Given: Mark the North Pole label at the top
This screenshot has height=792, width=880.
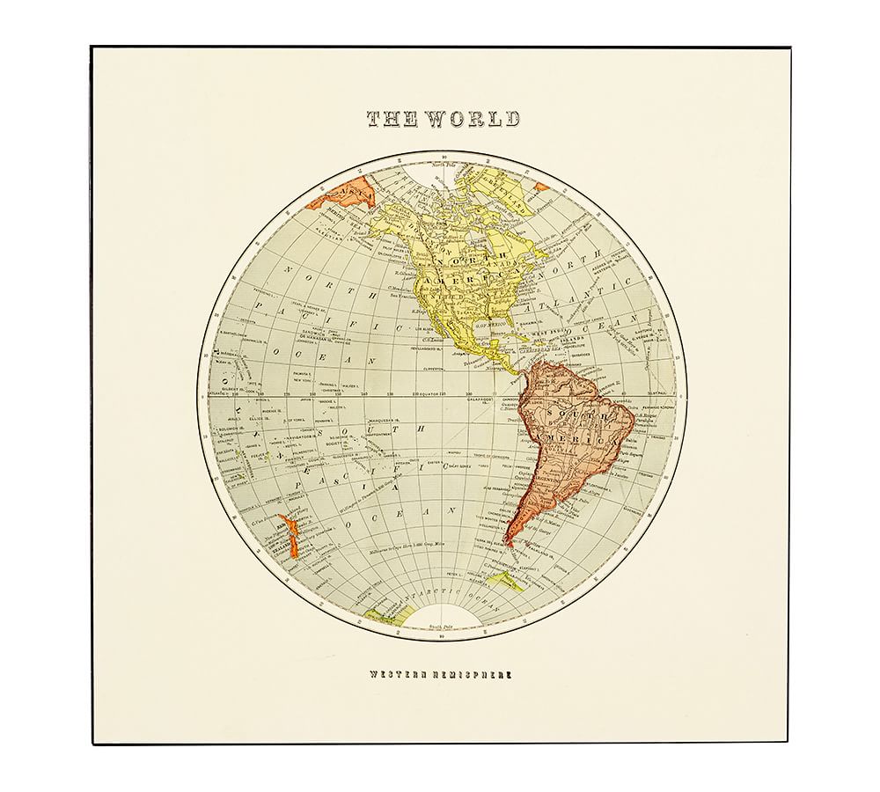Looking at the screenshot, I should click(x=440, y=164).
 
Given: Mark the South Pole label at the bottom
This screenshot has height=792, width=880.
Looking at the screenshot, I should click(x=440, y=627).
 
